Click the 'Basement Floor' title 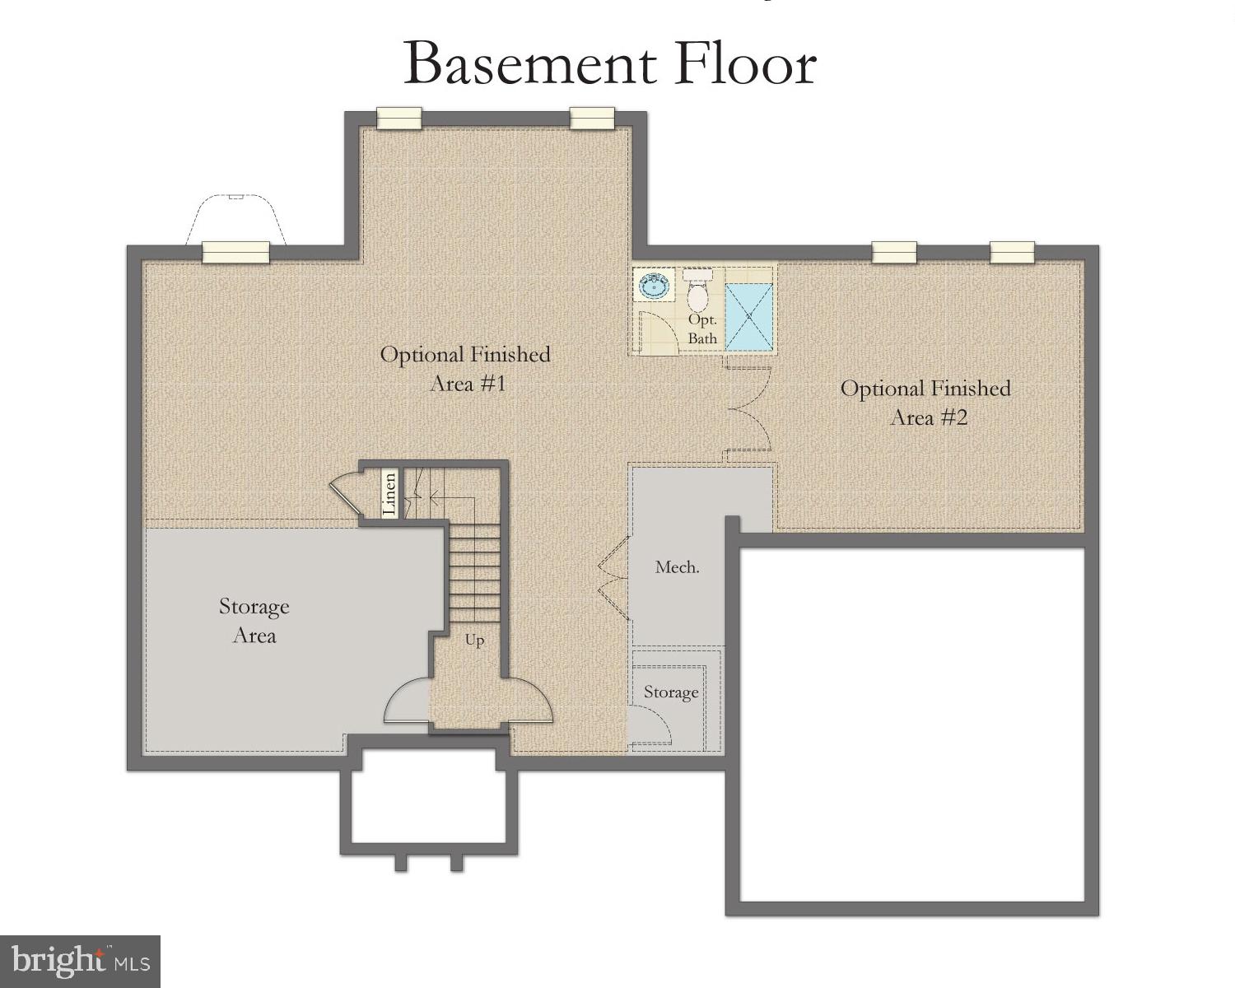(609, 64)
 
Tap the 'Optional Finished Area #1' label (465, 369)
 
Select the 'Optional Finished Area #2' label (925, 403)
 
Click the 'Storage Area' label (254, 621)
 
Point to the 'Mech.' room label (677, 567)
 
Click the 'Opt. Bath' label (702, 329)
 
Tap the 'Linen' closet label (390, 493)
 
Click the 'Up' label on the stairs (474, 641)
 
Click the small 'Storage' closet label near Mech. (671, 692)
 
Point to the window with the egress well (236, 251)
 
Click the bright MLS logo (80, 961)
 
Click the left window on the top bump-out (399, 118)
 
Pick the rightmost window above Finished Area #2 (1011, 252)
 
